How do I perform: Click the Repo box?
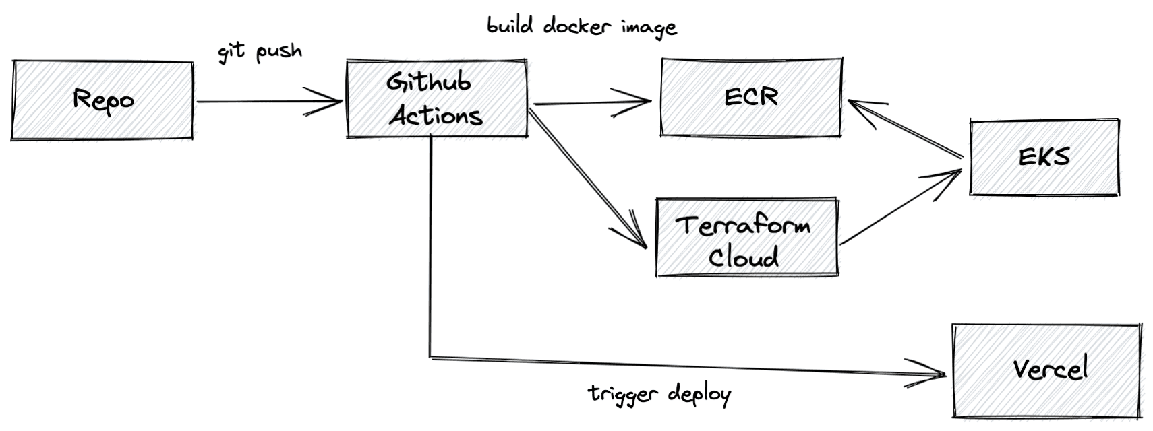click(102, 100)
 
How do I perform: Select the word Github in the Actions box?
click(428, 82)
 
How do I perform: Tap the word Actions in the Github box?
click(436, 115)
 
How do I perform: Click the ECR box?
click(751, 97)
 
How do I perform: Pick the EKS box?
click(1044, 158)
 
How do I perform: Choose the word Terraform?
click(743, 224)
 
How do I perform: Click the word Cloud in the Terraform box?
click(744, 257)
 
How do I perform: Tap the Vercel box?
click(1049, 370)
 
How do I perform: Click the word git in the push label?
click(231, 53)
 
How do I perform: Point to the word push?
click(278, 52)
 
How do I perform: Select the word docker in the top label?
click(577, 26)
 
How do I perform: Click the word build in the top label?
click(510, 26)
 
